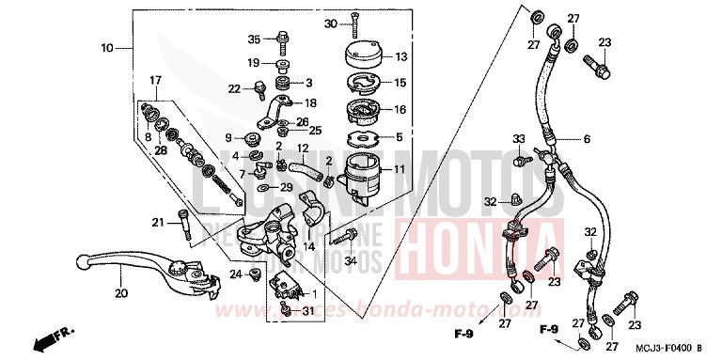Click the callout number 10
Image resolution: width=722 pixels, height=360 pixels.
coord(106,47)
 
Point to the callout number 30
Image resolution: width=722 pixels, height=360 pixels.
coord(330,23)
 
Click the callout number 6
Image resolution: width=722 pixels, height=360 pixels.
coord(586,139)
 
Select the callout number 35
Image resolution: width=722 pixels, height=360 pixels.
coord(253,39)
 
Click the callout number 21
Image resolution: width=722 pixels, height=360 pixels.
coord(158,222)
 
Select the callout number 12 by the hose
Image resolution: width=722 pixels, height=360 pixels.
coord(304,149)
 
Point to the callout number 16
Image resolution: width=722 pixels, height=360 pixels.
coord(400,109)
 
